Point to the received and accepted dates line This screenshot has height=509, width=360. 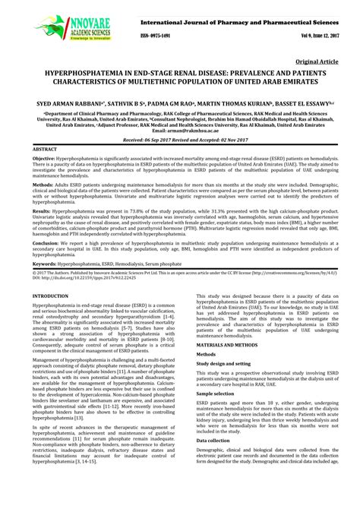tap(180, 141)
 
